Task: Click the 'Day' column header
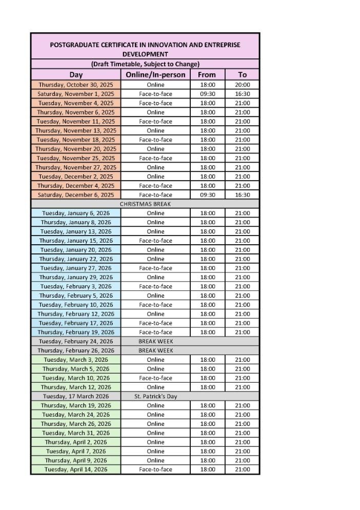[x=76, y=74]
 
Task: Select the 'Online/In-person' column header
[x=155, y=74]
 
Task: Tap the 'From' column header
[x=207, y=74]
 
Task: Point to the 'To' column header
[x=243, y=74]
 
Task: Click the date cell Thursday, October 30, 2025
[x=76, y=85]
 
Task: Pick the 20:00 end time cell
[x=243, y=85]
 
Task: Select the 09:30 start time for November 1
[x=207, y=94]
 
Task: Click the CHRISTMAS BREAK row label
[x=145, y=204]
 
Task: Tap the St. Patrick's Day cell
[x=155, y=396]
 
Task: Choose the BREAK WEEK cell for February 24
[x=155, y=341]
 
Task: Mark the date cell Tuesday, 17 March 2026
[x=76, y=396]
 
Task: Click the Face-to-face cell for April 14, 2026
[x=155, y=469]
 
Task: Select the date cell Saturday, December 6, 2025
[x=76, y=195]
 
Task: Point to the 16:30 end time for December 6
[x=243, y=195]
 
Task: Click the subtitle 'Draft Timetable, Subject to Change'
[x=145, y=64]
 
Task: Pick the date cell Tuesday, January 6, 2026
[x=76, y=213]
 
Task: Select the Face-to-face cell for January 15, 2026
[x=155, y=241]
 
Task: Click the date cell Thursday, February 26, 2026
[x=76, y=350]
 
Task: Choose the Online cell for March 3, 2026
[x=155, y=360]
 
